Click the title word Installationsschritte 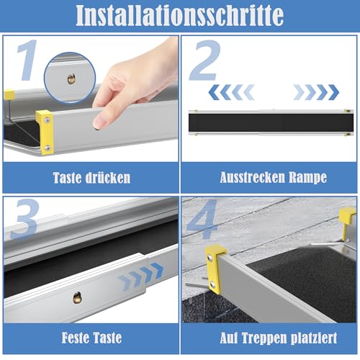(179, 15)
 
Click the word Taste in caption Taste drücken (68, 178)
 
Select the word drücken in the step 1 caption (109, 178)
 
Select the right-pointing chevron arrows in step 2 (316, 91)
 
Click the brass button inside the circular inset (71, 77)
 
